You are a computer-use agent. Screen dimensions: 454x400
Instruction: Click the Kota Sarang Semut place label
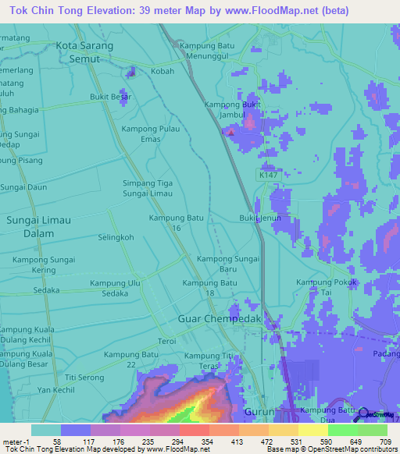click(84, 51)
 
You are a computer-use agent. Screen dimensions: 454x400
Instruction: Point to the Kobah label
click(162, 71)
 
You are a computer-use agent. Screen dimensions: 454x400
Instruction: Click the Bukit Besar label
click(110, 98)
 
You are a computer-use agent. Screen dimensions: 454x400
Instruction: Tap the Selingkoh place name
click(116, 237)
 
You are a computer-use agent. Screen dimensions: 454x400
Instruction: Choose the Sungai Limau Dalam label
click(39, 227)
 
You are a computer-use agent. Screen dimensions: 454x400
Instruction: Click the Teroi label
click(167, 342)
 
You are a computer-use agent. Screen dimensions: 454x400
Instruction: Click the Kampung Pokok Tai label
click(327, 287)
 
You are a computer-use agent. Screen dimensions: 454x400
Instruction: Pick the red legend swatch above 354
click(194, 429)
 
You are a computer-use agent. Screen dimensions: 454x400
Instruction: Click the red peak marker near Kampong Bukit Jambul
click(230, 132)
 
